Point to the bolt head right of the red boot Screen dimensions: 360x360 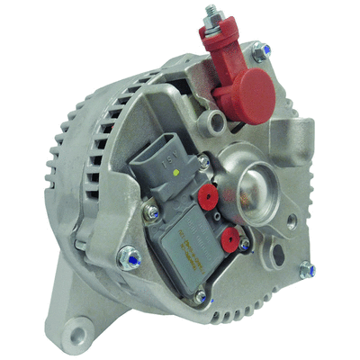(260, 55)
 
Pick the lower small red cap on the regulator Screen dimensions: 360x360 (230, 239)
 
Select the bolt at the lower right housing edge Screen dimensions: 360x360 (307, 269)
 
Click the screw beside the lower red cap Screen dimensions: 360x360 (244, 246)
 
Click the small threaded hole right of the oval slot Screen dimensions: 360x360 (291, 221)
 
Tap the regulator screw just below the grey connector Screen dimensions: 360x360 (152, 211)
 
